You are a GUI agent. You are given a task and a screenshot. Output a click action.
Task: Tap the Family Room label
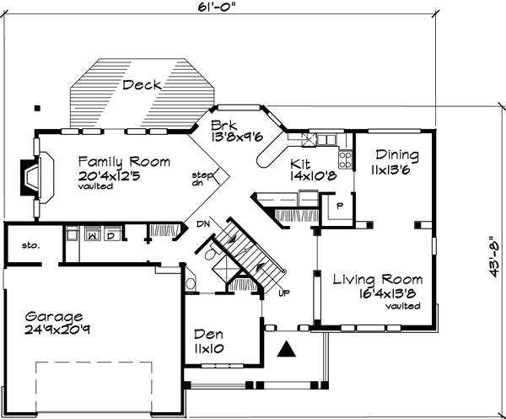(125, 161)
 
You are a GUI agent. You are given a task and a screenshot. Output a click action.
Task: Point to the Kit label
(300, 163)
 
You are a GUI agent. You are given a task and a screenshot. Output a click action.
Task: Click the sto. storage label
(20, 245)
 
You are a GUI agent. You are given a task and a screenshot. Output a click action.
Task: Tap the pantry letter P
(339, 205)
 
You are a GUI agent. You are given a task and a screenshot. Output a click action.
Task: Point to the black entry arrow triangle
(288, 347)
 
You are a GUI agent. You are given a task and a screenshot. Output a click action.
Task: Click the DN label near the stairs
(202, 224)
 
